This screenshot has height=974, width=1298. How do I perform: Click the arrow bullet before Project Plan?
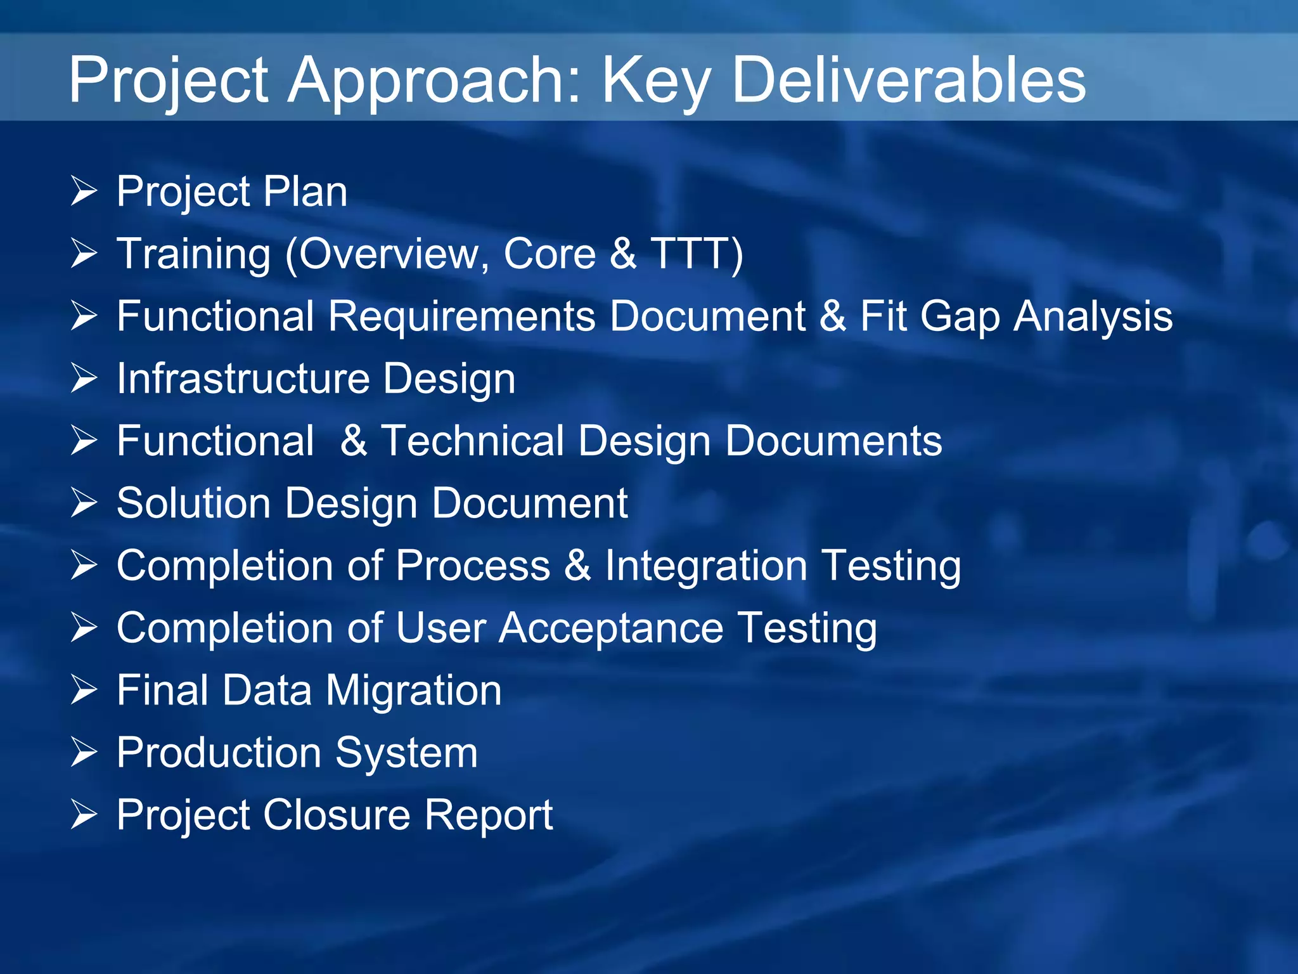(x=84, y=191)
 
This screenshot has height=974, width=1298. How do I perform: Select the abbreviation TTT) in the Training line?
(x=697, y=254)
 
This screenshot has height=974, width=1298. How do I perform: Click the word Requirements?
(x=461, y=316)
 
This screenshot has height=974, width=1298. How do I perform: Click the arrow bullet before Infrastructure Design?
(x=84, y=378)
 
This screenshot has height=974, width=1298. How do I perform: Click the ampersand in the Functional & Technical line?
(x=353, y=441)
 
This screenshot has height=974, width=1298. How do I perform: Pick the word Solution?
(x=193, y=503)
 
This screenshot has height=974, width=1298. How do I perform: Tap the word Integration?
(x=705, y=566)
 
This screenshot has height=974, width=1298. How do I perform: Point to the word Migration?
(x=413, y=690)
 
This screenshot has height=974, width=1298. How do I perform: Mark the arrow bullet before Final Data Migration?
(x=84, y=690)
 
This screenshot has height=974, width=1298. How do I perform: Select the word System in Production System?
(x=406, y=753)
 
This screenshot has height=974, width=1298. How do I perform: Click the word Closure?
(x=337, y=815)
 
